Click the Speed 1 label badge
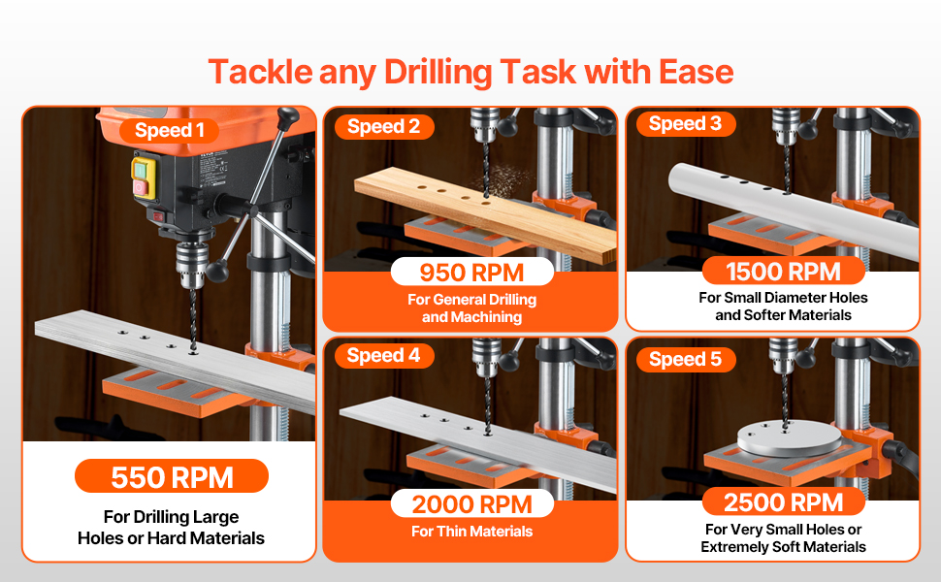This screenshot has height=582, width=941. click(170, 130)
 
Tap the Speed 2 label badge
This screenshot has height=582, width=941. click(384, 127)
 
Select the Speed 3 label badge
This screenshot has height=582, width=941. click(686, 123)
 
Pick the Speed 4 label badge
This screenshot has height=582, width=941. click(384, 356)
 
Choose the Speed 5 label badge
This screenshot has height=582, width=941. click(686, 360)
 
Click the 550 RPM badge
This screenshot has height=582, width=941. click(172, 477)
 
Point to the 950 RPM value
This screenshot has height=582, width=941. click(471, 273)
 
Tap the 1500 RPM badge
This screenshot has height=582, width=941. click(783, 272)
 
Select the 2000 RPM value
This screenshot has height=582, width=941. click(471, 504)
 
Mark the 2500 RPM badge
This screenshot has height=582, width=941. click(783, 502)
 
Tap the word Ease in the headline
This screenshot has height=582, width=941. click(697, 72)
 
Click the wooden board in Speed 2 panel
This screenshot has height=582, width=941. click(485, 213)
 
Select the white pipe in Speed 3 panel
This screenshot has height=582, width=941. click(794, 204)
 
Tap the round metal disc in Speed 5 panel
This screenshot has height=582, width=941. click(789, 438)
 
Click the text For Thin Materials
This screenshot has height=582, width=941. click(471, 532)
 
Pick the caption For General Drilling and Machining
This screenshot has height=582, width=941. click(471, 308)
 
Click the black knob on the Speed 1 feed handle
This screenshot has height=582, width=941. click(216, 271)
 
